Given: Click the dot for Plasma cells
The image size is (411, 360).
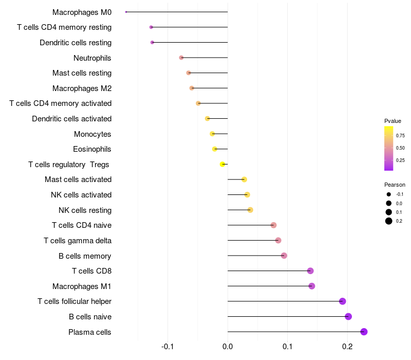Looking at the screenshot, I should [x=364, y=332].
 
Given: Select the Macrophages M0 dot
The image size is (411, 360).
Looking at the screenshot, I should [x=126, y=12].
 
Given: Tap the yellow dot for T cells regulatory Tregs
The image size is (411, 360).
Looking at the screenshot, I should [x=222, y=164].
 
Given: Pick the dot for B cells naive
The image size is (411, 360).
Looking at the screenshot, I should [x=348, y=316].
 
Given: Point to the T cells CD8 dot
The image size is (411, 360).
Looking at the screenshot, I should [x=310, y=271].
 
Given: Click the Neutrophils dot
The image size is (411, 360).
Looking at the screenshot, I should [x=181, y=58].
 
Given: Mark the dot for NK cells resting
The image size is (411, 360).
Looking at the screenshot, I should [x=250, y=210].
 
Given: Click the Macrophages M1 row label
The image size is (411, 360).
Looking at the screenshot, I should [x=82, y=286].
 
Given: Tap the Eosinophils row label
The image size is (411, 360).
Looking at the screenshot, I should [x=92, y=149].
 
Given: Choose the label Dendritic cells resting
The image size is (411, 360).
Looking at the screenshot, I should [x=76, y=42].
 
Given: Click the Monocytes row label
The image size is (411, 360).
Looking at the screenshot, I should [x=92, y=134].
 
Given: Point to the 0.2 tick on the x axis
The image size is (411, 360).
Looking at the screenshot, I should [x=347, y=346].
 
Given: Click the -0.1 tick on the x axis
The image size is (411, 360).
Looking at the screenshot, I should [x=167, y=346].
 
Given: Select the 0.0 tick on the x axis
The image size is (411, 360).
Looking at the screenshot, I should [x=228, y=346].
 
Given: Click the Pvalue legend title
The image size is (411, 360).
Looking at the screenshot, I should [x=393, y=121].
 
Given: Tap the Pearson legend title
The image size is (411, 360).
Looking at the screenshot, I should [x=395, y=185].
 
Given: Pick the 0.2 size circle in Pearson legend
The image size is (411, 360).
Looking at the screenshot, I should [x=389, y=221].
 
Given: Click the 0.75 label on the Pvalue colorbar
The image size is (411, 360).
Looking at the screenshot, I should [x=400, y=136].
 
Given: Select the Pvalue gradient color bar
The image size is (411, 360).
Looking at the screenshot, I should [x=389, y=148].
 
